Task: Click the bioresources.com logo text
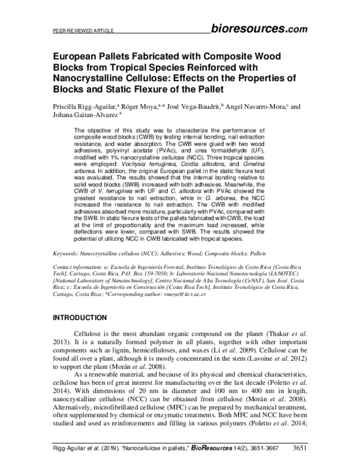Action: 259,28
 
